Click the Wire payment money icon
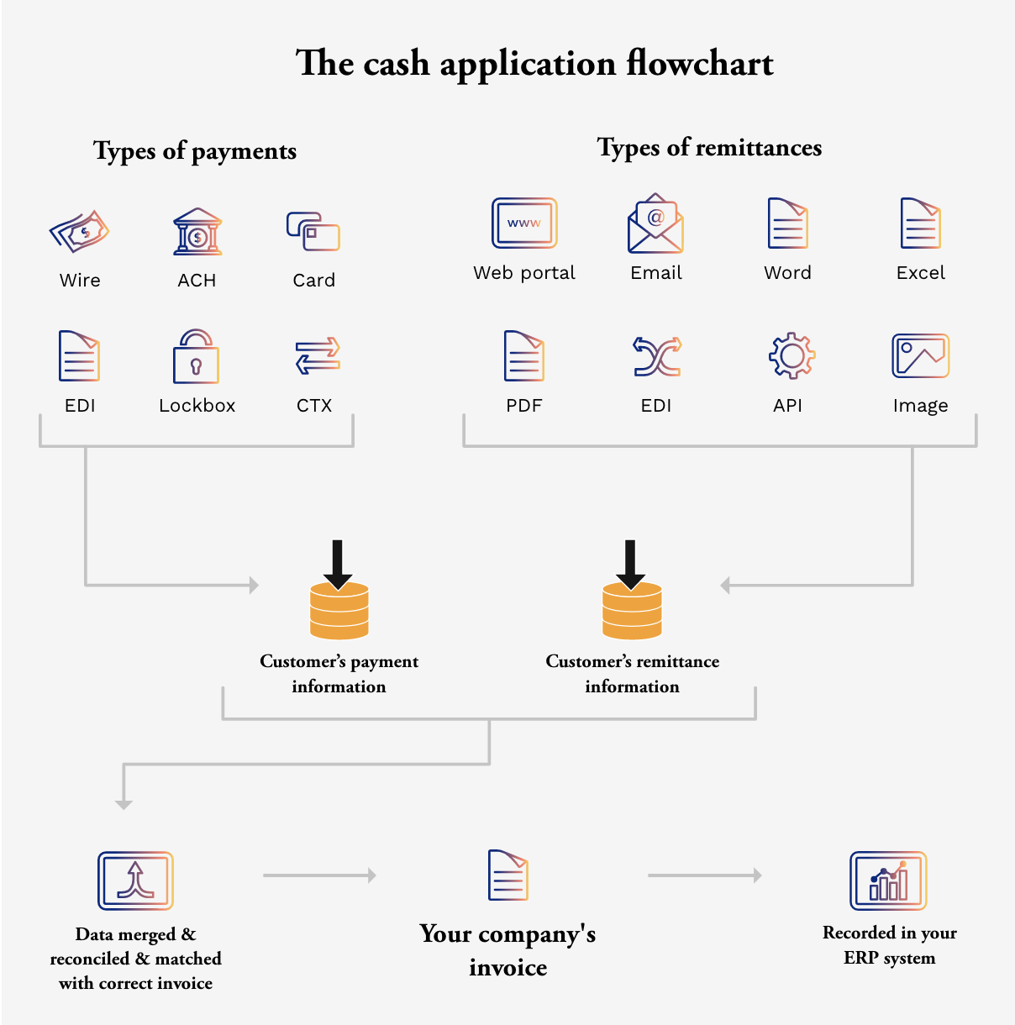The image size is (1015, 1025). click(x=80, y=231)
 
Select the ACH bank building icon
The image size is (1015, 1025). click(x=197, y=231)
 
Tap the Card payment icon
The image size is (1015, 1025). click(x=313, y=231)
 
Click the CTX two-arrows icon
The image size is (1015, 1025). click(x=318, y=356)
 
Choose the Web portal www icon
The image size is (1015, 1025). click(x=524, y=223)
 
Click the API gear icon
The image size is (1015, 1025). click(x=791, y=356)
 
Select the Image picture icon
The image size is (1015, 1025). click(x=920, y=355)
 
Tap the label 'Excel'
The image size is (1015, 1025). click(x=920, y=273)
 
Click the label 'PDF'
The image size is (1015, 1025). click(x=524, y=406)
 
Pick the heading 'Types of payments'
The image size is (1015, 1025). click(x=195, y=151)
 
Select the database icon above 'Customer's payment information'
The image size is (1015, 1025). click(x=339, y=611)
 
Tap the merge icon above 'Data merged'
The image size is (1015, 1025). click(x=135, y=880)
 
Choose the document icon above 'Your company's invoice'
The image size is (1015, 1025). click(x=508, y=875)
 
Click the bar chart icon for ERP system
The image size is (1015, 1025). click(x=888, y=880)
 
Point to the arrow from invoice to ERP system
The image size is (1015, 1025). click(x=704, y=875)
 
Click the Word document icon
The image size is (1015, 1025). click(x=787, y=223)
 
